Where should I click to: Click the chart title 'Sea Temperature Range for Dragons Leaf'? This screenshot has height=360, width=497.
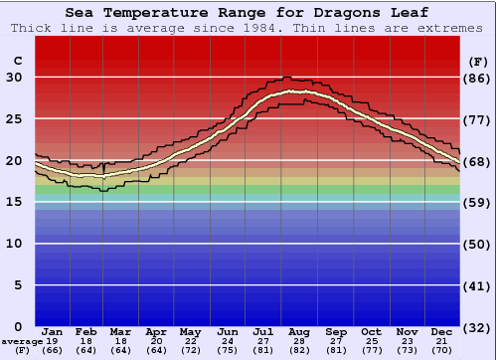click(x=248, y=13)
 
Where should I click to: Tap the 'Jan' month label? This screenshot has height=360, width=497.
click(x=53, y=331)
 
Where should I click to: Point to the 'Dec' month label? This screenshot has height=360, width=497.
click(x=442, y=331)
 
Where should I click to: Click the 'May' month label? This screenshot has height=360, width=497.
click(x=191, y=331)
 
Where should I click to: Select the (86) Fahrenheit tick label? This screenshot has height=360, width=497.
click(x=478, y=78)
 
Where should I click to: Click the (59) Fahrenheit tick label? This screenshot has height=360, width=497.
click(x=478, y=202)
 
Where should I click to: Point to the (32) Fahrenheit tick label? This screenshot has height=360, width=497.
click(x=478, y=327)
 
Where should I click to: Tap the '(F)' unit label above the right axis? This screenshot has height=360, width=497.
click(x=478, y=61)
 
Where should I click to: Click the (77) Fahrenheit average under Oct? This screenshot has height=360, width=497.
click(x=372, y=350)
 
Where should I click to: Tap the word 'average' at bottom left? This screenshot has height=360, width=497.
click(x=21, y=341)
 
